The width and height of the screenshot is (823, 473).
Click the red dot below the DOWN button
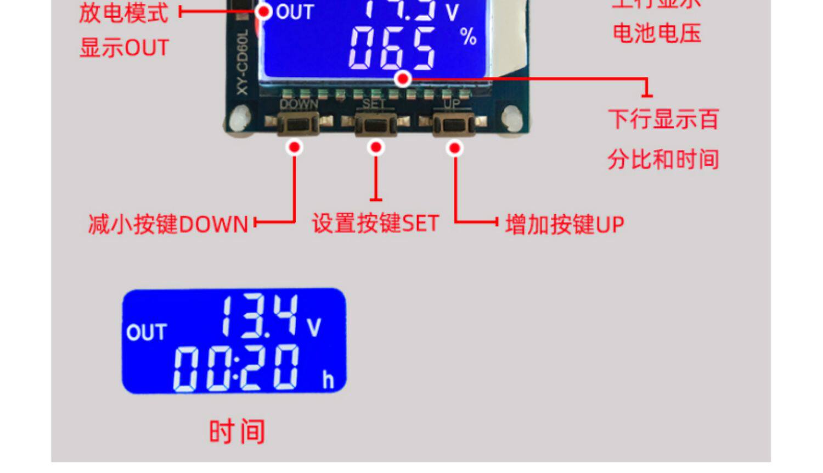295,147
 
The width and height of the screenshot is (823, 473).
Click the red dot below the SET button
376,147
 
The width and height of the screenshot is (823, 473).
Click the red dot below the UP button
455,148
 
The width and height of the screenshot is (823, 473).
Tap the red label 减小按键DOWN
168,224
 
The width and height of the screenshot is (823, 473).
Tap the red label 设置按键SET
376,224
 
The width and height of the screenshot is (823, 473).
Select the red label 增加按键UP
565,225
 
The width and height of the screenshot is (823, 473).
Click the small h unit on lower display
328,380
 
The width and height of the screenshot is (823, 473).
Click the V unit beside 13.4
314,327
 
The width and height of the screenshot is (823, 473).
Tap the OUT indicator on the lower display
146,332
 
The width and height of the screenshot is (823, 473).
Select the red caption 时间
237,431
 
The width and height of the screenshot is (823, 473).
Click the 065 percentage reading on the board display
392,48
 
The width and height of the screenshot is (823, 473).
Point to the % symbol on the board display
468,37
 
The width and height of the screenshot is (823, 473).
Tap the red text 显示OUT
124,48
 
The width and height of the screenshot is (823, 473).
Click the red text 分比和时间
663,159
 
